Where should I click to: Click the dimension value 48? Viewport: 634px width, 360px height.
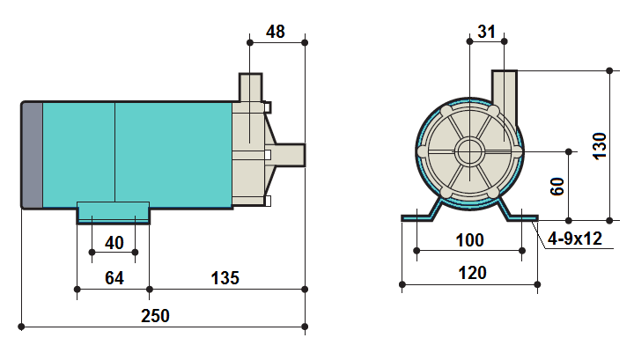tap(276, 32)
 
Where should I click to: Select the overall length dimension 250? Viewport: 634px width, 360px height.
tap(156, 316)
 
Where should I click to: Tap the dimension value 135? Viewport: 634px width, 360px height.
tap(225, 278)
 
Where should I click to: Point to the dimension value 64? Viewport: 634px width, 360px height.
tap(114, 278)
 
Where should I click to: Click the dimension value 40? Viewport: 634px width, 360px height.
tap(114, 242)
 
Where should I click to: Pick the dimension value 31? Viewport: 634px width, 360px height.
tap(486, 32)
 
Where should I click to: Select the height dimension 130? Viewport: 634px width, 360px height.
tap(600, 144)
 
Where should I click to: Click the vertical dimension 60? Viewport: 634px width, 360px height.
tap(557, 186)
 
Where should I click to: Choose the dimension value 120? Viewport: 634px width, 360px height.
tap(472, 273)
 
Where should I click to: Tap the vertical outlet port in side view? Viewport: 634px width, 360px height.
tap(250, 88)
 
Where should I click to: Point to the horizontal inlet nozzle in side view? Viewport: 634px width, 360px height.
tap(291, 155)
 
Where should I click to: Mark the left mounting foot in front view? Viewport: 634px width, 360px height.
tap(420, 215)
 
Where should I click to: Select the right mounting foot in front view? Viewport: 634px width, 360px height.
tap(520, 215)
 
